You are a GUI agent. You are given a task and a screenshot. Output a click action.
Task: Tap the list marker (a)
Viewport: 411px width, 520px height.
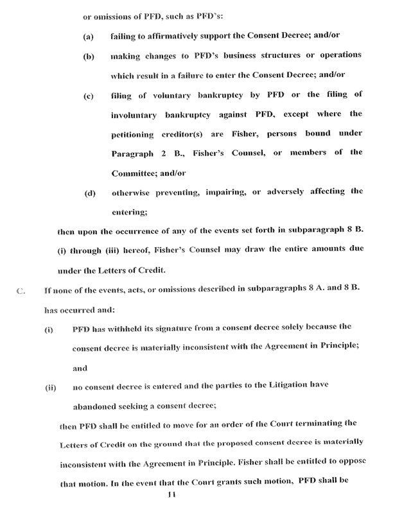[x=89, y=38]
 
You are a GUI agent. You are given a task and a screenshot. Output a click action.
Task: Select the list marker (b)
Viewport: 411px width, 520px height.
[x=89, y=56]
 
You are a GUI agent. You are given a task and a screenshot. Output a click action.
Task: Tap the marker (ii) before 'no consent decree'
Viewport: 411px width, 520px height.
[x=49, y=388]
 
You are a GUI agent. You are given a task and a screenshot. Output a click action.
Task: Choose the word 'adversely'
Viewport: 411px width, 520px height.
[x=299, y=191]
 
